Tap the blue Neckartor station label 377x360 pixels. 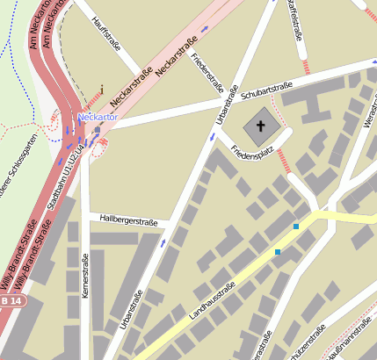[x=98, y=116]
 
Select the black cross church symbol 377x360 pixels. [x=259, y=126]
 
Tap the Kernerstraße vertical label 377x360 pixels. [x=85, y=277]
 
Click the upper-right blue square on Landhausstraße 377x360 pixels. [x=296, y=227]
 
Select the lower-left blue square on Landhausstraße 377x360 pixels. [x=278, y=252]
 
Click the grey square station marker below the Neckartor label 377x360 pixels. [x=97, y=130]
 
